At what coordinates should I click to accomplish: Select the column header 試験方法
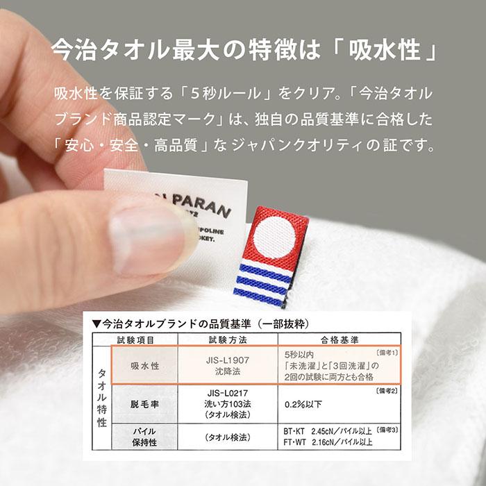point(227,340)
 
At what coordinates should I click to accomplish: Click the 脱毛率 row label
point(145,403)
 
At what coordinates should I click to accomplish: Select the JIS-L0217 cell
point(227,392)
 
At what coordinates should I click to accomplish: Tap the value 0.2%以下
point(303,403)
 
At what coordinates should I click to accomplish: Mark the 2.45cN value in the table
point(327,431)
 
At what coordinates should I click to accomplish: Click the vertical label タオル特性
point(101,394)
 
